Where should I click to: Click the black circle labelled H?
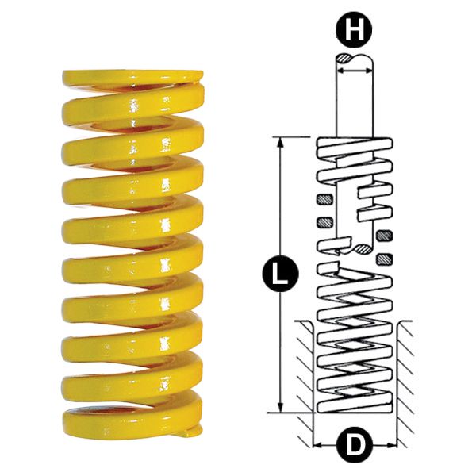(352, 32)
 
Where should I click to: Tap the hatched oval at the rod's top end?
(347, 59)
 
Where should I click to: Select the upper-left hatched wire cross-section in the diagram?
(322, 198)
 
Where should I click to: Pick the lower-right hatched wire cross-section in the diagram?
(385, 259)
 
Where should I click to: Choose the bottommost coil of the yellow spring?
(127, 416)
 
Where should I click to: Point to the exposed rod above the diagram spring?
(353, 103)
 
